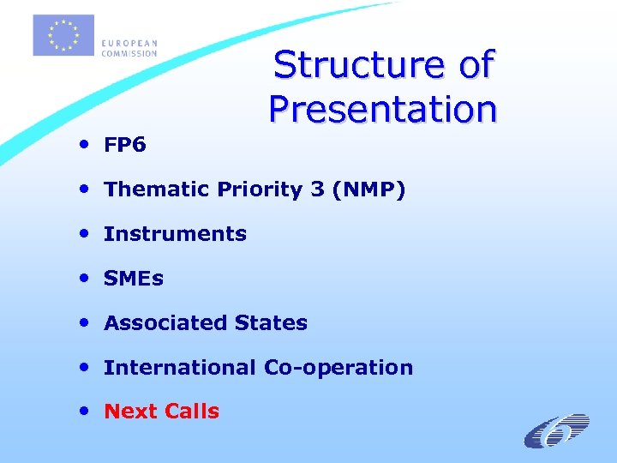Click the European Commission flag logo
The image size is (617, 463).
click(x=63, y=36)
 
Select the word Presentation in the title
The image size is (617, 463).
click(x=382, y=109)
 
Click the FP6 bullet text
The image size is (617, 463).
click(x=125, y=146)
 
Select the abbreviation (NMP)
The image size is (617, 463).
click(x=364, y=189)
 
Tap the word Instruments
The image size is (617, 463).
click(x=175, y=234)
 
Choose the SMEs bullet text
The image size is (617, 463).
click(x=134, y=279)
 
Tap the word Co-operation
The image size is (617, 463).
click(x=338, y=368)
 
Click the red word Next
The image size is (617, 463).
click(x=129, y=412)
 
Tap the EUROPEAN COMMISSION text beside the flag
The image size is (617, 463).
click(x=129, y=48)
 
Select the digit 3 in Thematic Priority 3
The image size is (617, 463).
click(x=317, y=189)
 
